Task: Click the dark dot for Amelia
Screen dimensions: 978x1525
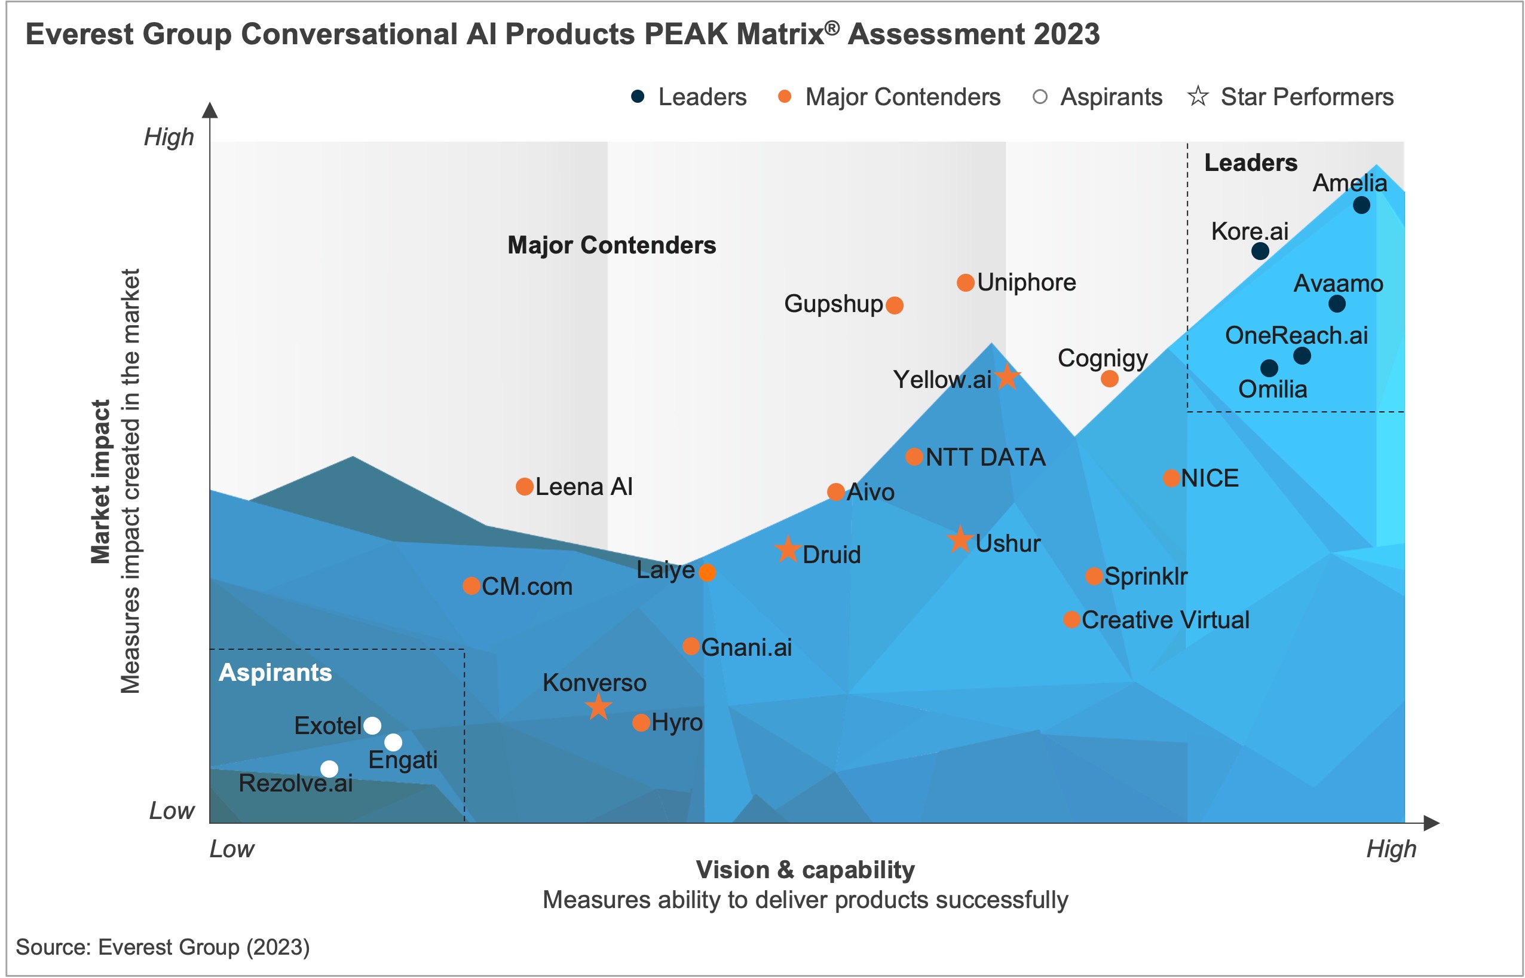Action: (x=1361, y=205)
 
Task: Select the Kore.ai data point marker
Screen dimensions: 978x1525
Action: (x=1260, y=251)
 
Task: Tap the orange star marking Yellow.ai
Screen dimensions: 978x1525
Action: (x=1007, y=377)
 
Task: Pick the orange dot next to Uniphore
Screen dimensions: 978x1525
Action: (x=965, y=283)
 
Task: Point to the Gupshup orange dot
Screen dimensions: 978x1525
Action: (x=894, y=305)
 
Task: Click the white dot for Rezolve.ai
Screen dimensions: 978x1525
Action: (x=329, y=769)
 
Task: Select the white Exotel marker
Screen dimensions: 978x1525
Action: (x=372, y=725)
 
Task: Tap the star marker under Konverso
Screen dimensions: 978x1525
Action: (x=598, y=707)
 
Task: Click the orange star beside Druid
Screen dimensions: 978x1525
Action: (x=788, y=549)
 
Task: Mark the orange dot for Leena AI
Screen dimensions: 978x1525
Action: (x=524, y=487)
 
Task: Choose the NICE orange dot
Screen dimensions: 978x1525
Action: (x=1171, y=478)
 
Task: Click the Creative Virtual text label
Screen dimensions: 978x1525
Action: (x=1165, y=620)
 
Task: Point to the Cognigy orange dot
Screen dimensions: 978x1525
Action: (x=1109, y=379)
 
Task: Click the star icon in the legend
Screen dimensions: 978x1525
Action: (x=1198, y=96)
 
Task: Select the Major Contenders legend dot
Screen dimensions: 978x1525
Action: (x=785, y=96)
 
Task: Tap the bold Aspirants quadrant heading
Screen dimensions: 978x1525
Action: (x=275, y=673)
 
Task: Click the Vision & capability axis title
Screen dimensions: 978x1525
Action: (x=805, y=869)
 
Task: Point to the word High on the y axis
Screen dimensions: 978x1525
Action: (x=168, y=136)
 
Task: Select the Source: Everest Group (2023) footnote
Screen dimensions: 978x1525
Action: (x=163, y=947)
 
